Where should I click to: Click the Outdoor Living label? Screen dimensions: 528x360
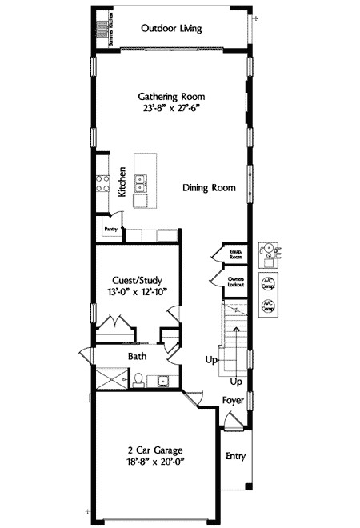tap(170, 29)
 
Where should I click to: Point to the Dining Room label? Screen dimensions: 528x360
tap(209, 188)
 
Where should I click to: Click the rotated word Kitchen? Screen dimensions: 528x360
tap(122, 182)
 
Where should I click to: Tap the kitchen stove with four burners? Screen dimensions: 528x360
tap(102, 185)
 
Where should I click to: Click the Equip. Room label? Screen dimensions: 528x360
tap(236, 255)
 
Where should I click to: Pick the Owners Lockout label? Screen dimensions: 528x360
tap(235, 282)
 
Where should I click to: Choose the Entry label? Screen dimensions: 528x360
tap(235, 457)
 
